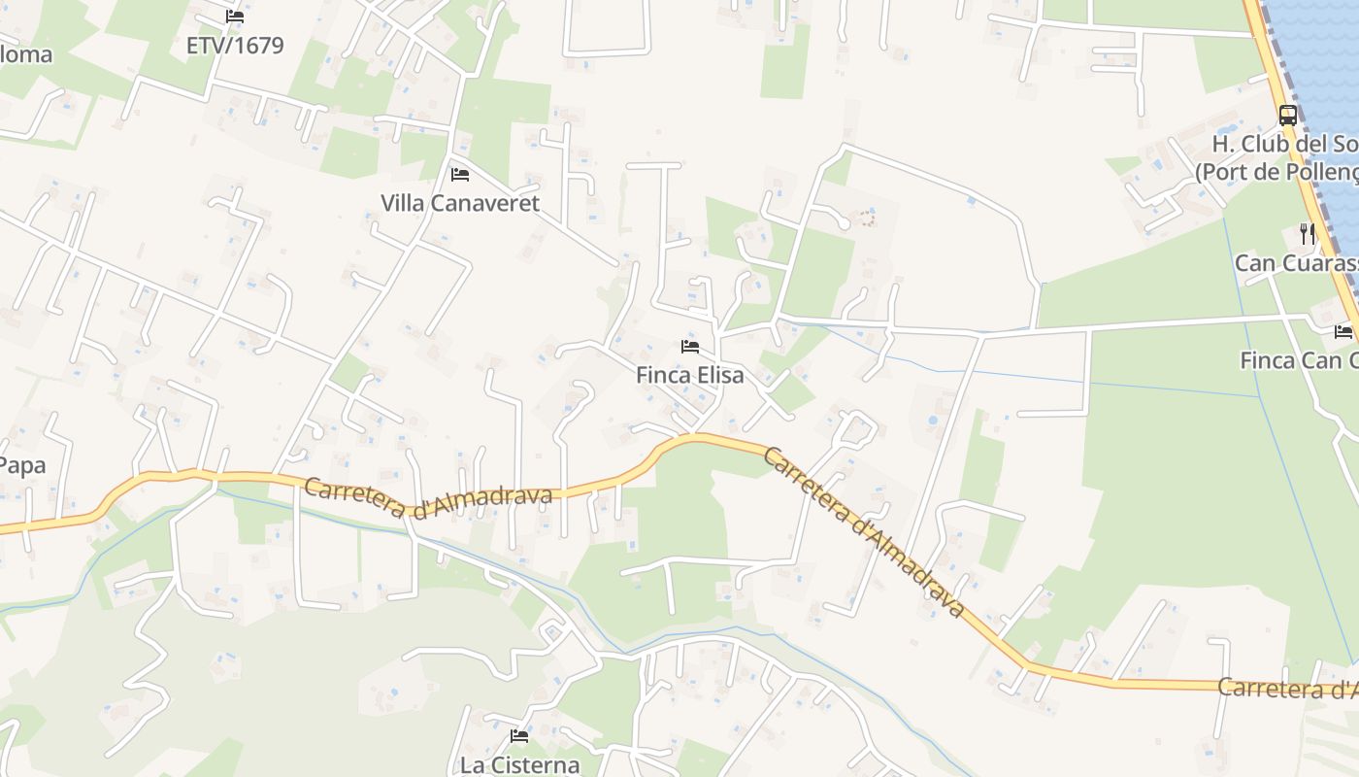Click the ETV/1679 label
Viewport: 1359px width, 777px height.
coord(235,45)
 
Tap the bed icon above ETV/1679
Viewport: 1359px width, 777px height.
coord(235,17)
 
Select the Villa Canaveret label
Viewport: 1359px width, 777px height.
coord(459,203)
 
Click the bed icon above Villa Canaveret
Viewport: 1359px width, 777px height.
coord(460,175)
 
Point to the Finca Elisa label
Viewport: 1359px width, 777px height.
coord(690,374)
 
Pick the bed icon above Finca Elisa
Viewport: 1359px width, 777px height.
coord(690,346)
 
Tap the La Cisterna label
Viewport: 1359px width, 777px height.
coord(519,764)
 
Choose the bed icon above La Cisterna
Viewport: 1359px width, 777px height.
coord(519,736)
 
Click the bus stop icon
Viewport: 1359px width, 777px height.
coord(1288,115)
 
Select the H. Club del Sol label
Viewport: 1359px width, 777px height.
coord(1284,145)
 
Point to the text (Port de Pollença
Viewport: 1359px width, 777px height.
coord(1276,171)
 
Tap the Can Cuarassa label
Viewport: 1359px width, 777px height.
coord(1295,262)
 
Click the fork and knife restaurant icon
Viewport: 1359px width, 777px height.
coord(1308,233)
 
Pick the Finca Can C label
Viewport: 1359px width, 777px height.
coord(1298,360)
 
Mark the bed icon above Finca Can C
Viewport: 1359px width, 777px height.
coord(1343,332)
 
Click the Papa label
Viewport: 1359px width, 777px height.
coord(22,465)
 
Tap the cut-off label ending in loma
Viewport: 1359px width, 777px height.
coord(26,54)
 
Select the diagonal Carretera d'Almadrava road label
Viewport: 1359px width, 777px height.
coord(864,531)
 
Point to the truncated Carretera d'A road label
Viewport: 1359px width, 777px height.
coord(1287,689)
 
